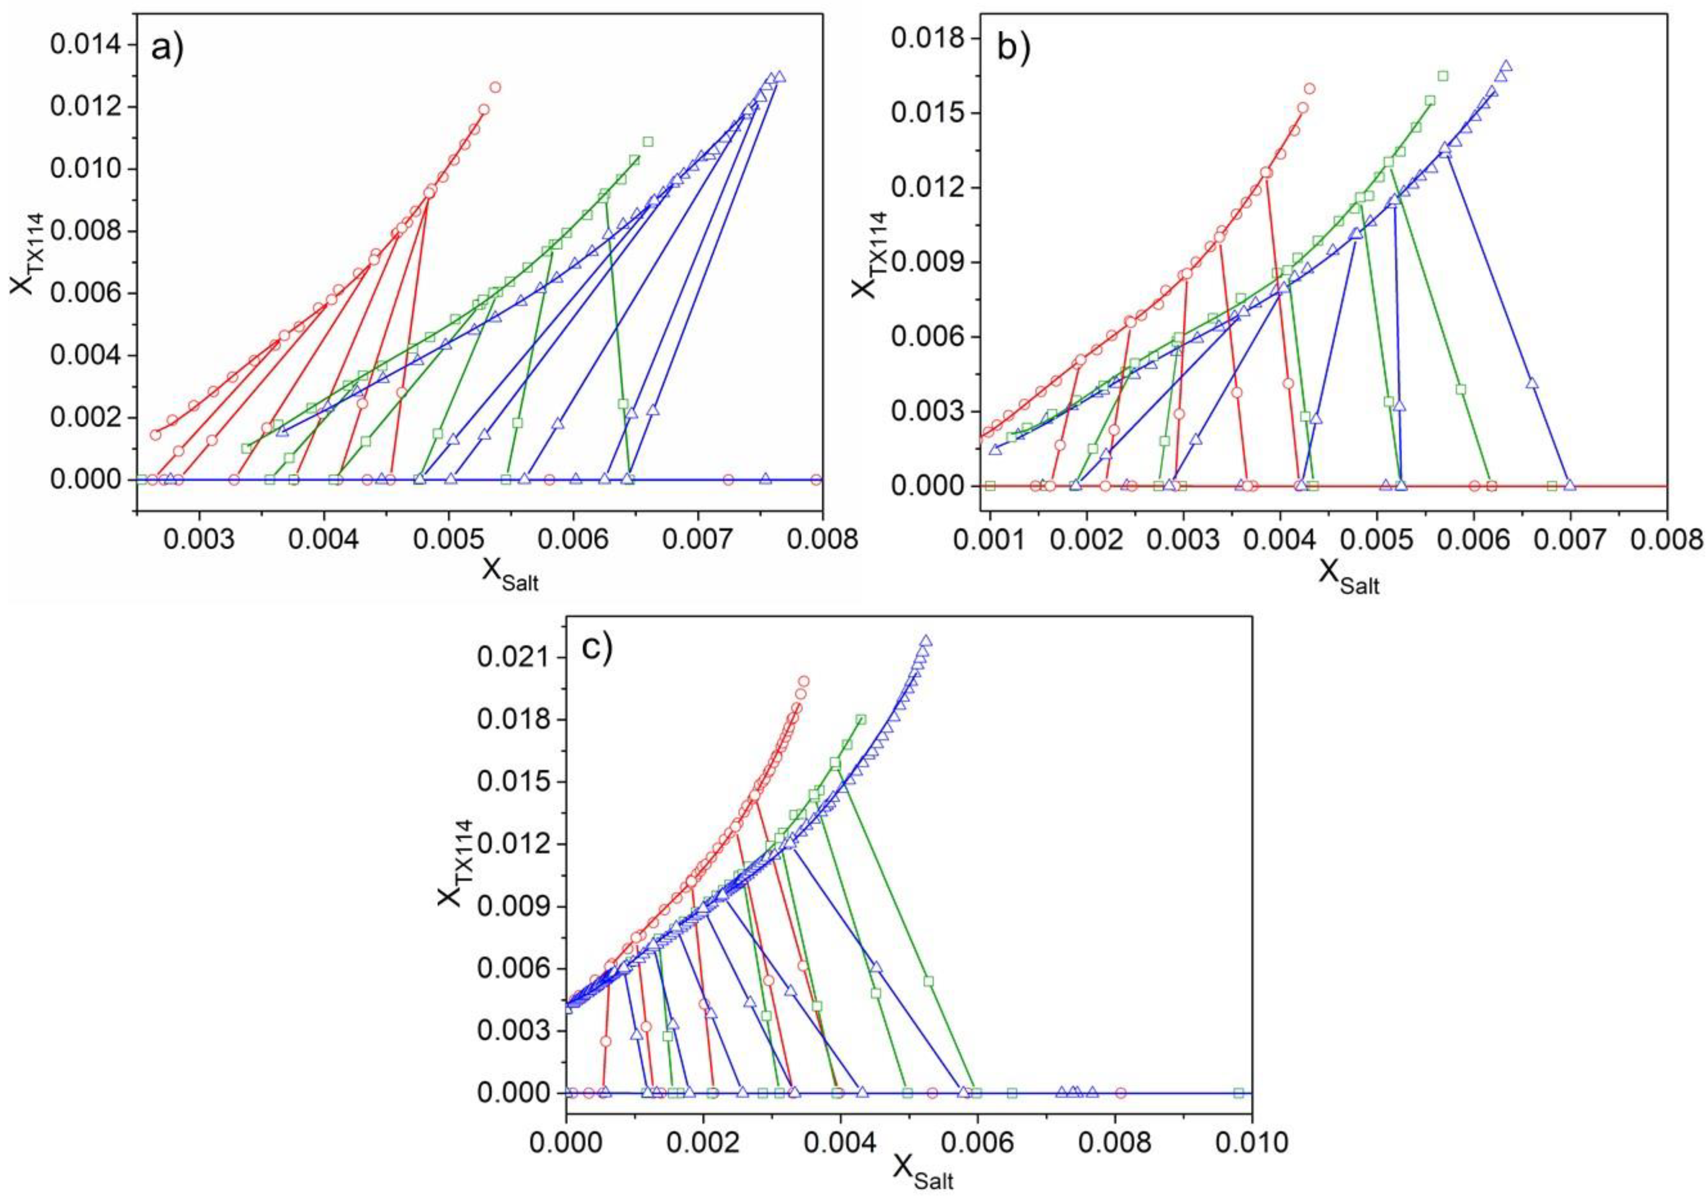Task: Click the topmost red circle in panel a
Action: pos(495,87)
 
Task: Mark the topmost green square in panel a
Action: pos(648,141)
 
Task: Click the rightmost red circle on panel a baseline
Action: pos(816,480)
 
